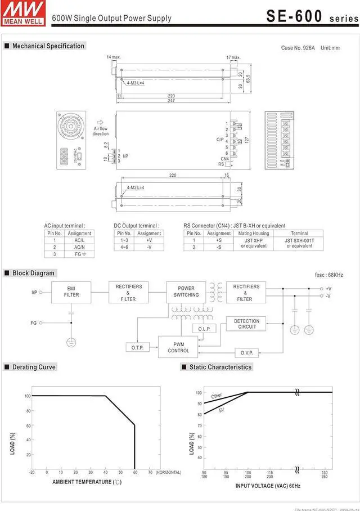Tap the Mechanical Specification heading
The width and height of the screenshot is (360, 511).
tap(48, 46)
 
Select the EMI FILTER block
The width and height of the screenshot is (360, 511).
tap(71, 292)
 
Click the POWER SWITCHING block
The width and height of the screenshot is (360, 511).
tap(186, 292)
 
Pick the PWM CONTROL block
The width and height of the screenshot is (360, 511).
tap(178, 347)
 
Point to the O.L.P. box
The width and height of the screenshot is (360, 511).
tap(204, 329)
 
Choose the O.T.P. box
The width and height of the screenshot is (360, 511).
tap(137, 348)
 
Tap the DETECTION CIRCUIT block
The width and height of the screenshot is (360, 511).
tap(246, 324)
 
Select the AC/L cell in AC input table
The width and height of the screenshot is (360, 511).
tap(79, 240)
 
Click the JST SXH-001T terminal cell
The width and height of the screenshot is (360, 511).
tap(299, 243)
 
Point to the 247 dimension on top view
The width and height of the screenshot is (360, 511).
tap(172, 101)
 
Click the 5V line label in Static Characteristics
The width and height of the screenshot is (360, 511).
tap(222, 410)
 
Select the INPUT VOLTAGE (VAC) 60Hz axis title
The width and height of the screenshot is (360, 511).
tap(268, 485)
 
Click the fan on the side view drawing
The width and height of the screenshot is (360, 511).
tap(70, 127)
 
